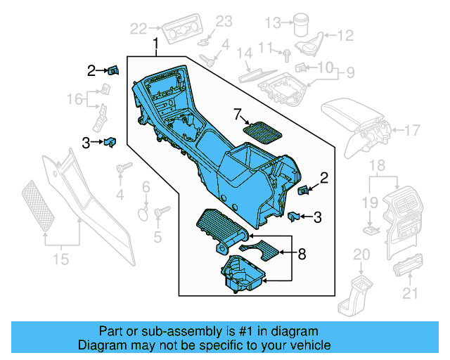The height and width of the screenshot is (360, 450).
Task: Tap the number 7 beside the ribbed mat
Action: coord(237,113)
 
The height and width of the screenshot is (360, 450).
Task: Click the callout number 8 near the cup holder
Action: coord(302,253)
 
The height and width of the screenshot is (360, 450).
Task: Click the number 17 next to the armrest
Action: coord(412,129)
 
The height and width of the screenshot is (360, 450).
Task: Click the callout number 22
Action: coord(139,28)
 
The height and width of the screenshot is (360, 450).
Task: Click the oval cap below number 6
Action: coord(143,211)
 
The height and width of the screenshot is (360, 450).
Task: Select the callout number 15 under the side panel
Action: coord(61,259)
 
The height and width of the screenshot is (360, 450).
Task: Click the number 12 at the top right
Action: coord(345,35)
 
